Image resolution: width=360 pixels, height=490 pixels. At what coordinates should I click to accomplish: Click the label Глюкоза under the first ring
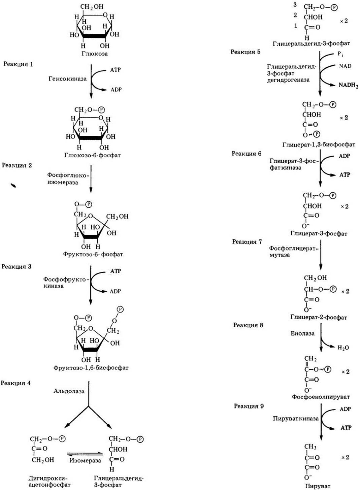(x=95, y=54)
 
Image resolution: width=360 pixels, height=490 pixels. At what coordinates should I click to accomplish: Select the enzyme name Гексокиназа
(x=68, y=79)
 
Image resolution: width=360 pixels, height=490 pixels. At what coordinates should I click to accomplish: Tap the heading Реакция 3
(x=17, y=266)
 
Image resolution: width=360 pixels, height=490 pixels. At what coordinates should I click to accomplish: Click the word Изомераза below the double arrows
(x=85, y=460)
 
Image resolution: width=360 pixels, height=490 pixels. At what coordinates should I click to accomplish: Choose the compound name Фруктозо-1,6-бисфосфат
(x=91, y=368)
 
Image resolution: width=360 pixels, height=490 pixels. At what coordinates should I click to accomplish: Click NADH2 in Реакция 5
(x=349, y=86)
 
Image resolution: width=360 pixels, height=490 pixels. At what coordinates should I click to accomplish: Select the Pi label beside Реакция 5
(x=340, y=55)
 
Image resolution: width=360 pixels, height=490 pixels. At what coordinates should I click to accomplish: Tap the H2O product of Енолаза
(x=343, y=348)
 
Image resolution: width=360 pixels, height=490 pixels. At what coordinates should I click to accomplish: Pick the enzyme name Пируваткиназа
(x=296, y=419)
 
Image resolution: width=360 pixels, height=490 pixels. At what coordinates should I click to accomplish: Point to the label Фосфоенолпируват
(x=321, y=397)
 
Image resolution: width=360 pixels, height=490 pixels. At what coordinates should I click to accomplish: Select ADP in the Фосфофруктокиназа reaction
(x=115, y=291)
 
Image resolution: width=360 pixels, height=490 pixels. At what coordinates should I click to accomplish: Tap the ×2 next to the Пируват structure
(x=345, y=457)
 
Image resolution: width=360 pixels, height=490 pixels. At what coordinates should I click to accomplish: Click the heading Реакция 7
(x=247, y=241)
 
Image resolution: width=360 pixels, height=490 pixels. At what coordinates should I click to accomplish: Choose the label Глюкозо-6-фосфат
(x=93, y=155)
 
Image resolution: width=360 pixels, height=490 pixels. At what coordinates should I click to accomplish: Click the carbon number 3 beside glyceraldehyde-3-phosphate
(x=295, y=5)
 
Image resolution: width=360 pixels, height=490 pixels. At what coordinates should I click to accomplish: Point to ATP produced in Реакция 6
(x=345, y=174)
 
